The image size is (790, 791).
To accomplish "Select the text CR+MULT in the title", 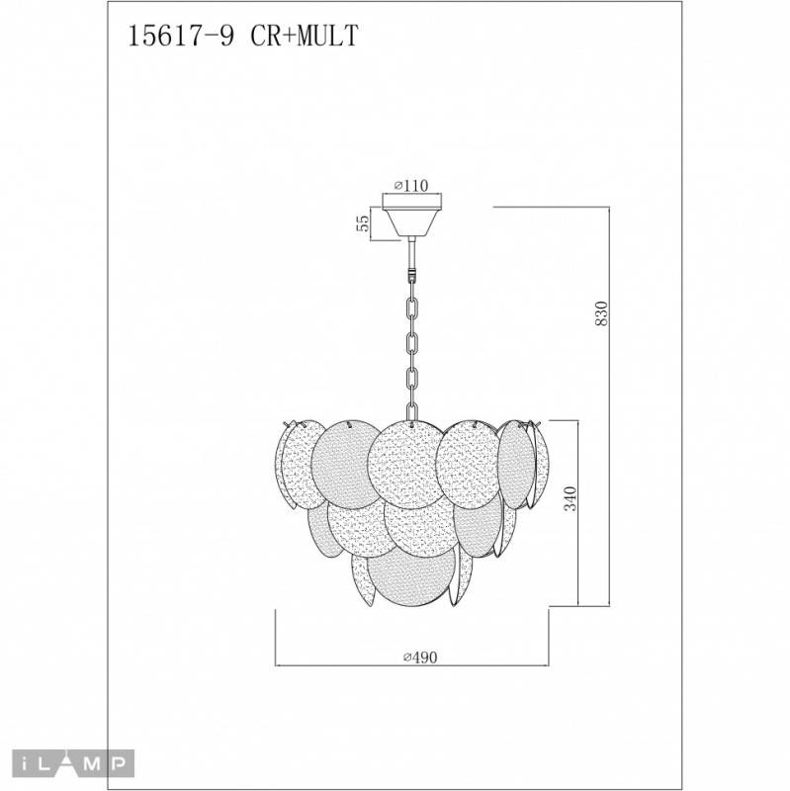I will (308, 37).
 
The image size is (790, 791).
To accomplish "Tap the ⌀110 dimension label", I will (407, 185).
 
